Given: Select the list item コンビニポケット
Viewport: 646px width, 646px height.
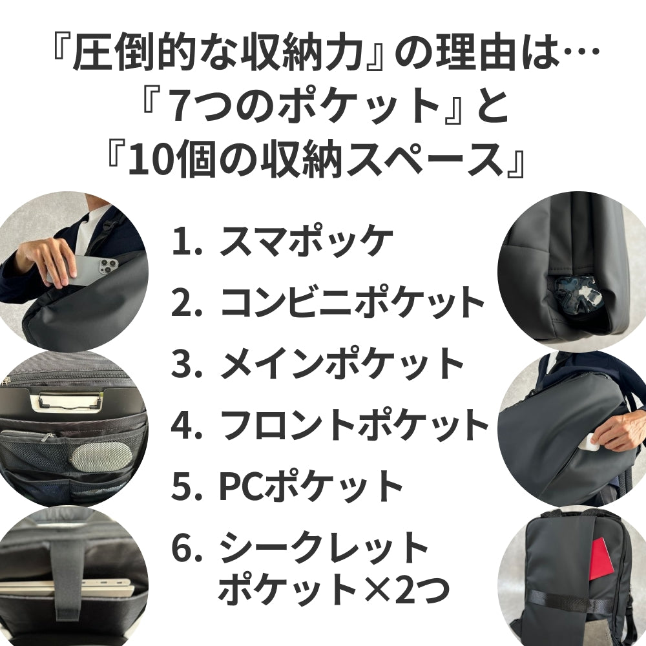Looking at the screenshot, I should click(x=352, y=302).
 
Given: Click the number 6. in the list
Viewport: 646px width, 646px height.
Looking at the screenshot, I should click(x=187, y=548).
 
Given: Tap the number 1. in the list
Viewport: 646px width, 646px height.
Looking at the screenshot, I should click(x=187, y=242).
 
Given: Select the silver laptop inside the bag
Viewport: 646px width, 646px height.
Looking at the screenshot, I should click(x=65, y=589).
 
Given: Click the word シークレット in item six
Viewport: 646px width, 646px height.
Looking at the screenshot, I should click(x=323, y=548).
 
